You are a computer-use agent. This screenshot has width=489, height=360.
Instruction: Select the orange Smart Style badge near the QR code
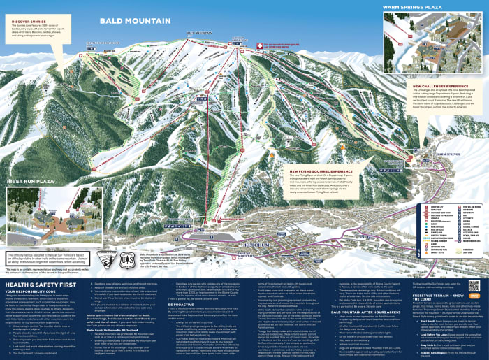point(476,296)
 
